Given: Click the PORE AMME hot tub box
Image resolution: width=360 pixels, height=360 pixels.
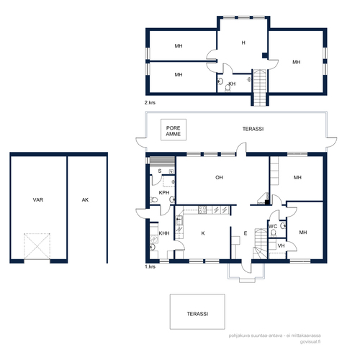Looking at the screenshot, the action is [x=174, y=130].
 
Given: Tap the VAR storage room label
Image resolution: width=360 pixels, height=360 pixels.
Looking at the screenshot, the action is [x=38, y=199].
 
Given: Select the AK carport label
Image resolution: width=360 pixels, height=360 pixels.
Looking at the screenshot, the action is [x=85, y=199].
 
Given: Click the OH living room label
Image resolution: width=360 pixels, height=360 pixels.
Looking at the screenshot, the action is [x=219, y=178].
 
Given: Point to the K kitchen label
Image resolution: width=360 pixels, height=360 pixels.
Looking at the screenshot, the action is [x=203, y=233].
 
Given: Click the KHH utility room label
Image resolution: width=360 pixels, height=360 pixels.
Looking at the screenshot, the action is [x=164, y=233].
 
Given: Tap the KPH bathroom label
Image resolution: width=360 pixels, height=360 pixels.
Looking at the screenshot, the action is [x=164, y=192].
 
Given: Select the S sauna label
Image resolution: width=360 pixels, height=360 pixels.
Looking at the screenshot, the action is [x=160, y=171].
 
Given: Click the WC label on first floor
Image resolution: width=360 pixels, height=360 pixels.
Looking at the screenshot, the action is [x=273, y=226].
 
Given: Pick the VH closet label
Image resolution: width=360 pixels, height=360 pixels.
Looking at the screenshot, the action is [x=281, y=246].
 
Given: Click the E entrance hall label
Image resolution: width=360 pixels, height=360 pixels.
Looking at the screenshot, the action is [x=246, y=233].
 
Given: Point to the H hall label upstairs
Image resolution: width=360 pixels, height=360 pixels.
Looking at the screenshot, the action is [x=243, y=42].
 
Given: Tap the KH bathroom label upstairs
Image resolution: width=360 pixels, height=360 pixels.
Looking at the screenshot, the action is [x=232, y=84].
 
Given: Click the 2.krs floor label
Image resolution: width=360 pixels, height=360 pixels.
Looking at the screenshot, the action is [x=150, y=102].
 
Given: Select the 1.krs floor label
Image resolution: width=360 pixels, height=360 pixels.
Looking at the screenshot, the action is [x=150, y=266].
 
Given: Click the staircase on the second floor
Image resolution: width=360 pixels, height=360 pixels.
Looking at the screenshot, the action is [x=260, y=88].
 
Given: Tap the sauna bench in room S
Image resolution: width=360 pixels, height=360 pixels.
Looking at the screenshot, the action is [x=162, y=161].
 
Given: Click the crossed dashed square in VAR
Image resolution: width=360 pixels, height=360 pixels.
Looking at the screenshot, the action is [x=37, y=246].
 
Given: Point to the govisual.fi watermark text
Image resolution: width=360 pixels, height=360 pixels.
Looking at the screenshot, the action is [x=310, y=342].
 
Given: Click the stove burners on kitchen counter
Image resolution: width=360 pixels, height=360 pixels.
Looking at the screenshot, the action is [x=202, y=210].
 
